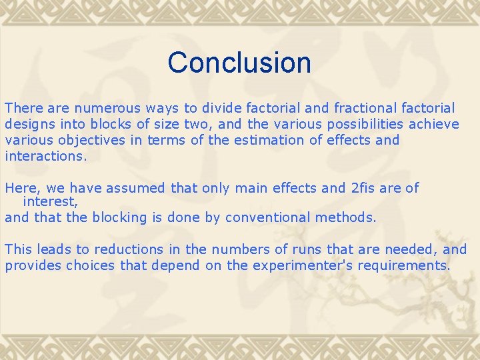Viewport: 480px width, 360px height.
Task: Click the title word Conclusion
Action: click(239, 63)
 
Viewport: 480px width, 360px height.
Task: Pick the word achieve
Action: click(434, 124)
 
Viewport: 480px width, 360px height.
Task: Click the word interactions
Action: click(45, 157)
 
